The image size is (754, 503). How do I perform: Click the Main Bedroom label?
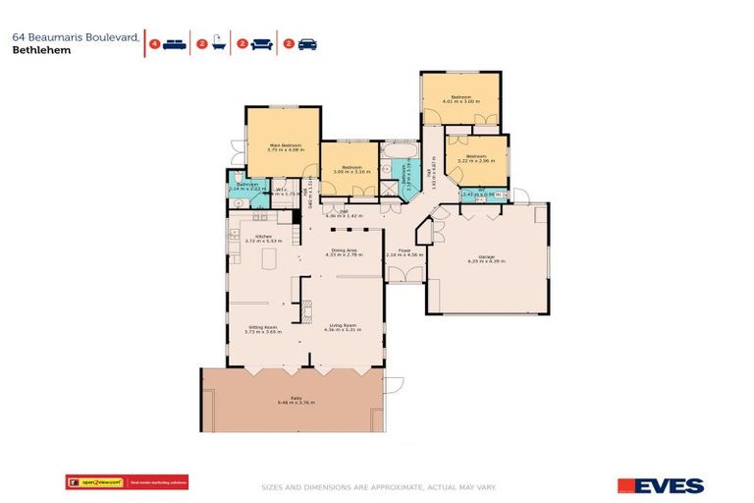point(284,146)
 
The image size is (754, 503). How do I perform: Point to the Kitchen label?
point(263,238)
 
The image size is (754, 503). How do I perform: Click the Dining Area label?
point(344,252)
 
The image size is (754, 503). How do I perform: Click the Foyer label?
point(404,252)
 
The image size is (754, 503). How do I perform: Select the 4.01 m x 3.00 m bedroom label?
point(458,98)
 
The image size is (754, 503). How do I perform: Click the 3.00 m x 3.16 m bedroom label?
point(349,169)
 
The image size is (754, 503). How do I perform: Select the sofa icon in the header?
point(262,44)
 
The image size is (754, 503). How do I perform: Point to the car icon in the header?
point(306,44)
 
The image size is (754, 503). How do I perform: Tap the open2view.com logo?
point(100,482)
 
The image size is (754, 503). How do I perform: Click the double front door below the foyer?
point(404,283)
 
